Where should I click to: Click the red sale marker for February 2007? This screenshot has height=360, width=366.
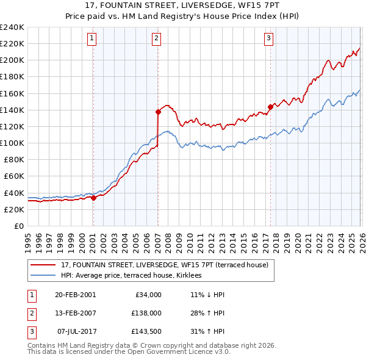158,112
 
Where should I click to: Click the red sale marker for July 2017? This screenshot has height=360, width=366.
270,107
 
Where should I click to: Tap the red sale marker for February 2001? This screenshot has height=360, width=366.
93,198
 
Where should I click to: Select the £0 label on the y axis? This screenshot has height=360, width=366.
18,226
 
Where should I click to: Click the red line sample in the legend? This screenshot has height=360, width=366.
44,265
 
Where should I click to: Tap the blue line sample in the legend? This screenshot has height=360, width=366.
44,275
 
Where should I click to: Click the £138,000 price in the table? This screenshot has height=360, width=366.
146,312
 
